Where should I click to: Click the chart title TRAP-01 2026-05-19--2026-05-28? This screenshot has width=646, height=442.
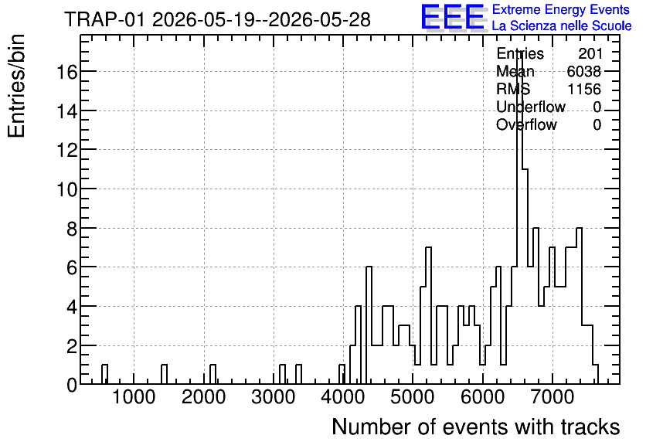pos(218,19)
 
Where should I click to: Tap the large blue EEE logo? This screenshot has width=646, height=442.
pos(453,17)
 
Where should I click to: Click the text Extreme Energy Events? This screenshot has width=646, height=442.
pos(561,9)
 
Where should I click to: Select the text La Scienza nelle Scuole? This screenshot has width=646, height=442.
pos(562,25)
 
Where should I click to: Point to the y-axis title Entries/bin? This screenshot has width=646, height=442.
pos(17,86)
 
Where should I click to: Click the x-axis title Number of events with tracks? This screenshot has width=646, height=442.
pos(476,427)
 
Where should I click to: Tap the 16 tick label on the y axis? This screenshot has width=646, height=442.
pos(66,72)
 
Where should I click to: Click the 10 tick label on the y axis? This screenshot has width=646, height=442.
pos(66,189)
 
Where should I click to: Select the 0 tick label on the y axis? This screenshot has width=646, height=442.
pos(72,385)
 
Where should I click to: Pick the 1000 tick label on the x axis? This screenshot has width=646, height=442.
pos(134,397)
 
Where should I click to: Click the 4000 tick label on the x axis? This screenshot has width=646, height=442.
pos(343,397)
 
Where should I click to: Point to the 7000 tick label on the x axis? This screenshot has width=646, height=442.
pos(552,397)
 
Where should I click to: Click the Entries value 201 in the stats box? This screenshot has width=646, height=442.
pos(590,53)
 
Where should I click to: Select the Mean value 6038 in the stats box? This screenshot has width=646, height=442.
pos(584,71)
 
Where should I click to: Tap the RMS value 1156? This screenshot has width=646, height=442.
pos(584,89)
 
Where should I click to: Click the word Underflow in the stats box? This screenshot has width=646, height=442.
pos(531,107)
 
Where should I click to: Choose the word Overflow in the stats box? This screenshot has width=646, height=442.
pos(526,124)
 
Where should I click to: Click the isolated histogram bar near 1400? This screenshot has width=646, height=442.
pos(164,375)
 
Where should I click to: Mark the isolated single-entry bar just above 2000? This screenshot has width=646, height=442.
pos(212,375)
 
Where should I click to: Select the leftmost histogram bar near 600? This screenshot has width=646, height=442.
pos(104,375)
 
